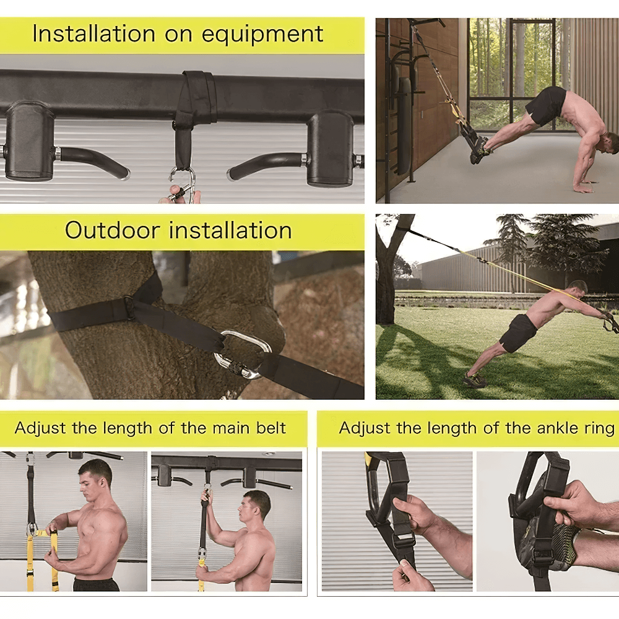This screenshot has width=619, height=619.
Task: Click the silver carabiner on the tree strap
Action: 243,353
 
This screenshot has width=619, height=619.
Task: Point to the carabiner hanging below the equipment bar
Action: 183,185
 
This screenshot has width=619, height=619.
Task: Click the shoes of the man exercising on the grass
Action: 475,380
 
